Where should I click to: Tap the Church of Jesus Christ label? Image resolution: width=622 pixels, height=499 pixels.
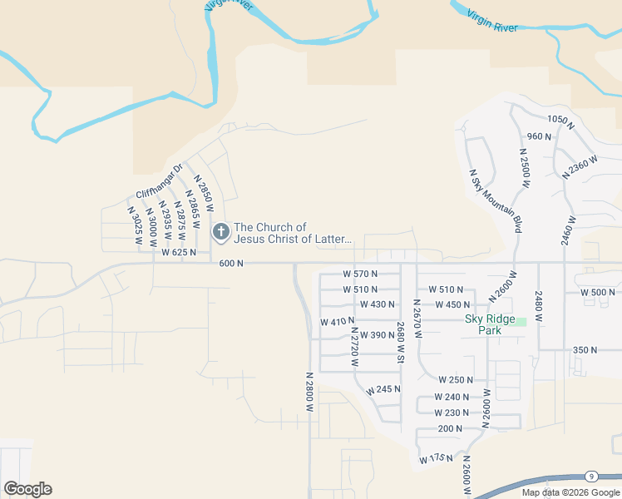click(293, 233)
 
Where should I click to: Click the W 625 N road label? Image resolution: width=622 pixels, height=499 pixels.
click(179, 252)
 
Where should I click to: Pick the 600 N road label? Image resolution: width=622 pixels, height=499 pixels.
click(231, 264)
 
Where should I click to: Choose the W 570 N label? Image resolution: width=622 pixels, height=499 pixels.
click(360, 274)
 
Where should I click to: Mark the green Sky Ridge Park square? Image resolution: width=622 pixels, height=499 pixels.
click(521, 321)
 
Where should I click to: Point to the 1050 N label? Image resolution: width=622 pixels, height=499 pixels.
click(561, 121)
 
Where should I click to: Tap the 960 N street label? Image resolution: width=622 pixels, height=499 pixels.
click(539, 136)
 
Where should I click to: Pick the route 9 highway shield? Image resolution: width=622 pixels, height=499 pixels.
click(590, 476)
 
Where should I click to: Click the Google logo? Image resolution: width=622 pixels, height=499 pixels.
click(27, 489)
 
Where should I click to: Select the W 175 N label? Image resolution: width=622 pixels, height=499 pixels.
click(436, 458)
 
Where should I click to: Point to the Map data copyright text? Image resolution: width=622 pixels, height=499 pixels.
click(570, 492)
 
